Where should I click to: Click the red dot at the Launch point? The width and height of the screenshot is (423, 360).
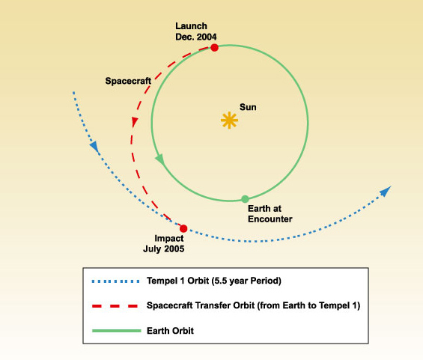[214, 48]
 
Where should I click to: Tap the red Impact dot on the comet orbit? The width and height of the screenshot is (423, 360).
[183, 229]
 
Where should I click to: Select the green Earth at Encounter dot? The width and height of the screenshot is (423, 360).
[245, 199]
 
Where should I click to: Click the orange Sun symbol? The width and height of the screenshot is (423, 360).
[229, 120]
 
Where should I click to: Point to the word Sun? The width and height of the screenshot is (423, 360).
[248, 107]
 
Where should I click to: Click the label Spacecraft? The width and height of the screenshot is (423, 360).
[128, 81]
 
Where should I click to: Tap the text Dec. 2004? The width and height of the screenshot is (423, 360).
[196, 37]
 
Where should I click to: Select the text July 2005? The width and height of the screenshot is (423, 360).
[164, 249]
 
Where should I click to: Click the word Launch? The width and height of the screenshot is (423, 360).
[191, 26]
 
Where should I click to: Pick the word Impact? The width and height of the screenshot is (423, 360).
[169, 239]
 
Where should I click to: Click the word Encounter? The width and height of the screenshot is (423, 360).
[270, 219]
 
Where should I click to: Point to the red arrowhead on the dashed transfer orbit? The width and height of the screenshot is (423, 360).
[135, 121]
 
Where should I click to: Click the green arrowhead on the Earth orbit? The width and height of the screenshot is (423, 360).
[159, 159]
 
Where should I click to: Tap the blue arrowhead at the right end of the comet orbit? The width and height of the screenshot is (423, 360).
[386, 191]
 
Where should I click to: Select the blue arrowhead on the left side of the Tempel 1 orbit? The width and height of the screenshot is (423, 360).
[94, 147]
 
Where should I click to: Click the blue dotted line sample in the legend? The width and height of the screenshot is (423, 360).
[116, 281]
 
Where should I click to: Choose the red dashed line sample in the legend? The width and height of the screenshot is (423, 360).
[115, 306]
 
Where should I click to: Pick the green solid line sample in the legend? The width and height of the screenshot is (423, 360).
[117, 331]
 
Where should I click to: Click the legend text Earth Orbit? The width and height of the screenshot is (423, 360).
[170, 331]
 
